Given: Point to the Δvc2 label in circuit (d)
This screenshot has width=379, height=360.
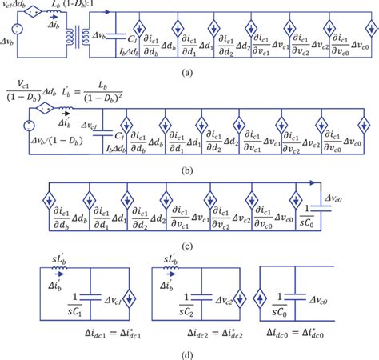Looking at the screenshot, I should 238,302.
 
